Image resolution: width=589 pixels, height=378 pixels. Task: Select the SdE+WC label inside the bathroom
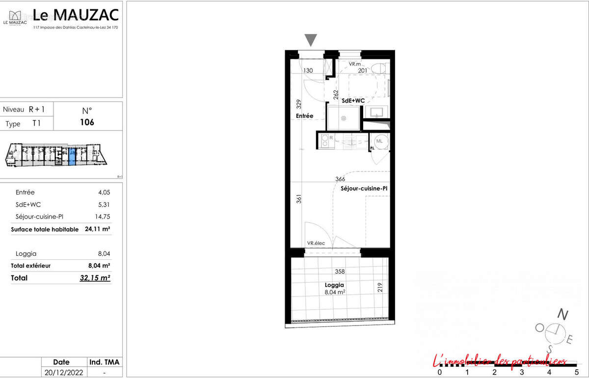[x=353, y=100]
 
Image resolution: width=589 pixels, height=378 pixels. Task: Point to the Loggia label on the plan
[x=334, y=285]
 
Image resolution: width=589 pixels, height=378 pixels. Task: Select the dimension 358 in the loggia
[x=340, y=271]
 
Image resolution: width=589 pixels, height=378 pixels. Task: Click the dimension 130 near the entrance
[x=308, y=71]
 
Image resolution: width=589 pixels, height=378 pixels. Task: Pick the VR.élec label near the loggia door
[x=317, y=243]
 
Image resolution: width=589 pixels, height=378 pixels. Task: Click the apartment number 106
[x=87, y=122]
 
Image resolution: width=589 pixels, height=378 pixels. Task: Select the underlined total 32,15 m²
[x=95, y=278]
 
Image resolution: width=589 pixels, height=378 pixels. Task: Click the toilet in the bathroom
[x=377, y=69]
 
